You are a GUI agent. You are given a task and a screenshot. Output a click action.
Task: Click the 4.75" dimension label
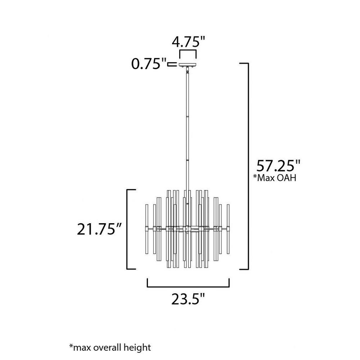[188, 42]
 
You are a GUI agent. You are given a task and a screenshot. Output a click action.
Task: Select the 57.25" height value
[278, 166]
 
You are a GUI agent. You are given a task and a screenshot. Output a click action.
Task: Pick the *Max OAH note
[275, 178]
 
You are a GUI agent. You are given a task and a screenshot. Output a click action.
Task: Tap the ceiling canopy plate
[188, 64]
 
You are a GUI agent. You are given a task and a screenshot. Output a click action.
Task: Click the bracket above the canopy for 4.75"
[188, 51]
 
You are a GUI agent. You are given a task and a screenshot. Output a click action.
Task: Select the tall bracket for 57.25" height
[248, 166]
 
